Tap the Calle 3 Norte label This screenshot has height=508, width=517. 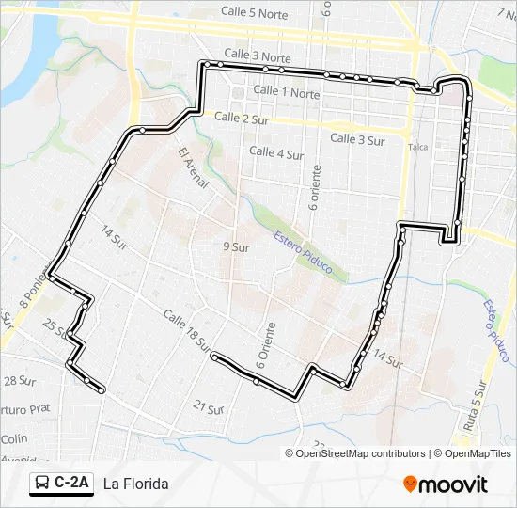[258, 56]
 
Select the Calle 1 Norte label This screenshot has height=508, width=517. [287, 92]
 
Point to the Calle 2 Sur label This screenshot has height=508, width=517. [243, 118]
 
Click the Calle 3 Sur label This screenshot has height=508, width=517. [357, 139]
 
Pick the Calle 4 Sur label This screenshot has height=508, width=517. [276, 152]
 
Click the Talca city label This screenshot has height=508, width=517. [418, 148]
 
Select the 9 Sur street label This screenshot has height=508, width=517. [235, 247]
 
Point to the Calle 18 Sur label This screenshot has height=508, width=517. [187, 331]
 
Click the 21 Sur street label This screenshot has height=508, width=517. [209, 406]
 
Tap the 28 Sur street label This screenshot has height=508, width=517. [18, 380]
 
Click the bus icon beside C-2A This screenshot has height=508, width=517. [42, 484]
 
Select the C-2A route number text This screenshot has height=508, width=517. [71, 484]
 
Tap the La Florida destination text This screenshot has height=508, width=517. [136, 484]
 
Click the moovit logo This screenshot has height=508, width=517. [446, 484]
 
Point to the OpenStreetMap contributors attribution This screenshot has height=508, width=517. [360, 453]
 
